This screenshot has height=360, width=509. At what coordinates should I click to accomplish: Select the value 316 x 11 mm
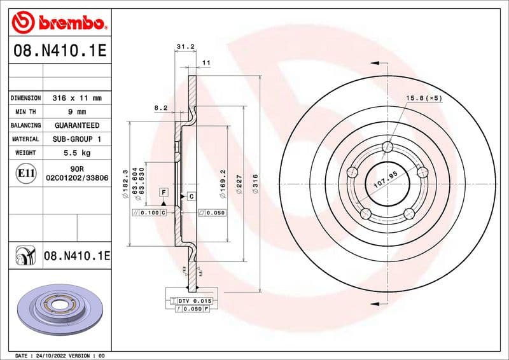pos(77,98)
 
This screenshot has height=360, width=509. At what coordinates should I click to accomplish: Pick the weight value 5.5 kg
pos(77,153)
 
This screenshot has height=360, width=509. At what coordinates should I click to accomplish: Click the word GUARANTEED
pos(77,125)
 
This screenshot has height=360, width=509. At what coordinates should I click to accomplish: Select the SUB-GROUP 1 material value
pos(77,139)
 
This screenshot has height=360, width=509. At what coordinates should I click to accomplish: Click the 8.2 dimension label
pos(161,108)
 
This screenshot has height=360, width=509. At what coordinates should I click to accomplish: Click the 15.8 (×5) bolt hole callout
pos(424,98)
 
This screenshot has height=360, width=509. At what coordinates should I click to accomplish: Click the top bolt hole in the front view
pos(387,148)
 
